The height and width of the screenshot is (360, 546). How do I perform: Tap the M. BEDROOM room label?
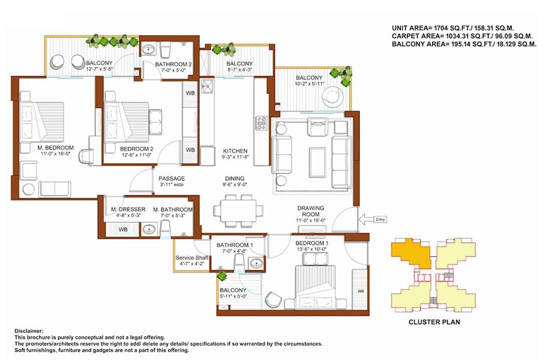click(x=56, y=148)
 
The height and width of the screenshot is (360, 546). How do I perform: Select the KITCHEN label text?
click(x=235, y=151)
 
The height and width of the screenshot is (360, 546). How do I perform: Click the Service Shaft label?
click(x=192, y=257)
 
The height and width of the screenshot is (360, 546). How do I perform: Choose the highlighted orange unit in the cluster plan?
click(x=411, y=253)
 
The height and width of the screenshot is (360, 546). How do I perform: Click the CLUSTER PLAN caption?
click(x=434, y=322)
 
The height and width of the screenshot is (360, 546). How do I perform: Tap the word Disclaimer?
click(x=29, y=331)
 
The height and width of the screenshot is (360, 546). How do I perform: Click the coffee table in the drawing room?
click(x=317, y=163)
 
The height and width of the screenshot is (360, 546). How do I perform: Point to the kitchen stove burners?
click(x=262, y=123)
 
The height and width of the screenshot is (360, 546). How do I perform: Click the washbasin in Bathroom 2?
click(x=150, y=50)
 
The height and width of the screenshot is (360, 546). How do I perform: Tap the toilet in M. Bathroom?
click(x=165, y=228)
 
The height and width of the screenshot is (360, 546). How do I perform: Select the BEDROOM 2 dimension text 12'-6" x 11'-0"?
click(x=137, y=155)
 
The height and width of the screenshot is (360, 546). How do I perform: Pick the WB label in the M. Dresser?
click(x=123, y=229)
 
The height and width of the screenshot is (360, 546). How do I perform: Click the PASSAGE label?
click(x=172, y=178)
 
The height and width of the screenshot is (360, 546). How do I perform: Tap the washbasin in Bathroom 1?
click(x=257, y=263)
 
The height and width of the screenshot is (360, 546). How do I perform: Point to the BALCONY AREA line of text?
click(x=464, y=44)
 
